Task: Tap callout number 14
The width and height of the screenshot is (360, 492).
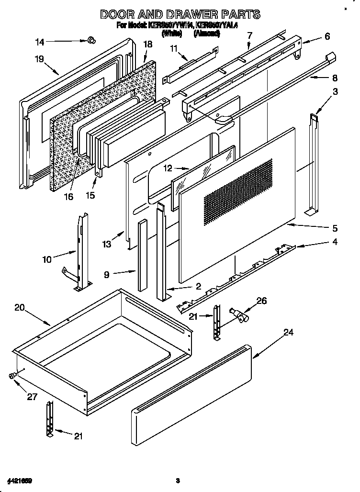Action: tap(40, 42)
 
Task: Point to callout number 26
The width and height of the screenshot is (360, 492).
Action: tap(262, 301)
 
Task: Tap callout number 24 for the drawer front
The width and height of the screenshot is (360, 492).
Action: tap(288, 332)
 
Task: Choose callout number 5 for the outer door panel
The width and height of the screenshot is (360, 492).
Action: tap(335, 228)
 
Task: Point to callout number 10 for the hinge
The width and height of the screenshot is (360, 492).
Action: tap(47, 259)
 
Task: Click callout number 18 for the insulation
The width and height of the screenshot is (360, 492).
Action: tap(148, 45)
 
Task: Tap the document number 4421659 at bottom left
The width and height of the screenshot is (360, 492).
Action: tap(20, 480)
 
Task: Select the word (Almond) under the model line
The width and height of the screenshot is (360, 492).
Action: tap(207, 34)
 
